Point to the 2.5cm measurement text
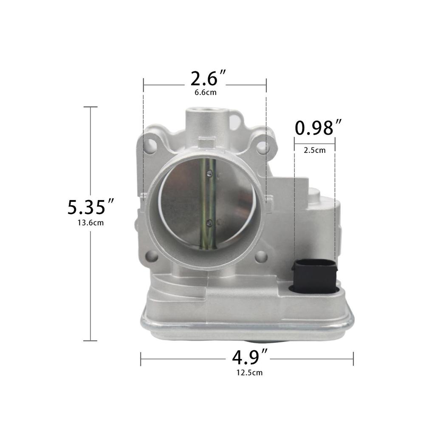[315, 150]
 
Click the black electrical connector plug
[314, 277]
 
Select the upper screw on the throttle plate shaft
[209, 172]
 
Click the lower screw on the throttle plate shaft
[209, 222]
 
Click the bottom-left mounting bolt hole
[151, 256]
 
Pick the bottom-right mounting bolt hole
[261, 255]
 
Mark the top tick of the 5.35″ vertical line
[90, 107]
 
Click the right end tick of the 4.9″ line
[353, 359]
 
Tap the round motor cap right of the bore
[314, 196]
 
